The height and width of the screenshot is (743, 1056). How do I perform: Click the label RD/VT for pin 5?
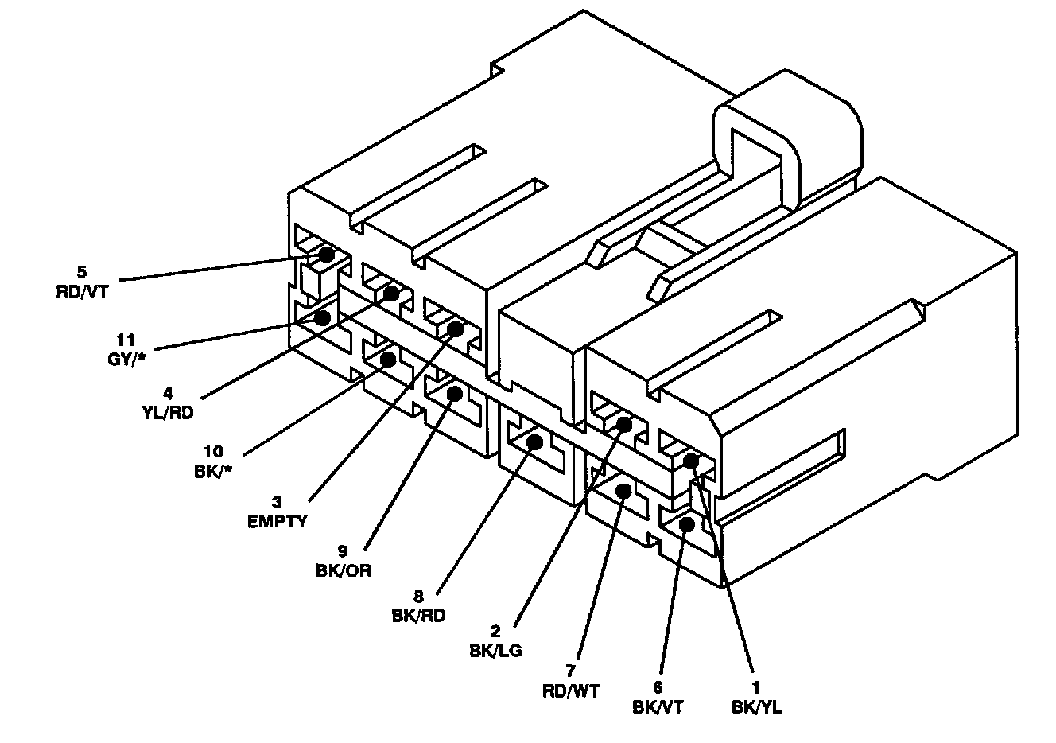[x=81, y=291]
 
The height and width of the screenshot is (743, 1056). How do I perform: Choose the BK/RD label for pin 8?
[x=418, y=614]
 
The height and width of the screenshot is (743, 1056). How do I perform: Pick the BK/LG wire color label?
[x=495, y=651]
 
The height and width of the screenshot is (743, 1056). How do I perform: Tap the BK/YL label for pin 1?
[x=755, y=706]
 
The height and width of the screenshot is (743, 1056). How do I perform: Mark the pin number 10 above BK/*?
[x=212, y=452]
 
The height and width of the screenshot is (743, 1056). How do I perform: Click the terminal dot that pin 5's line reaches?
[x=326, y=255]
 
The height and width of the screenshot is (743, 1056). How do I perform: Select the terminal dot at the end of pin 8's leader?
[x=535, y=442]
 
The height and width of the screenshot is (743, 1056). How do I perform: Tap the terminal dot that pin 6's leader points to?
[x=688, y=523]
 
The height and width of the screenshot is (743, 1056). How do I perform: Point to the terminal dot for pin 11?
[x=323, y=318]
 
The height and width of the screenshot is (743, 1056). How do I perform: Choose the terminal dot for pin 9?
[x=456, y=392]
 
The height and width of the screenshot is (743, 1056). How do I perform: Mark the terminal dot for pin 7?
[x=623, y=492]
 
